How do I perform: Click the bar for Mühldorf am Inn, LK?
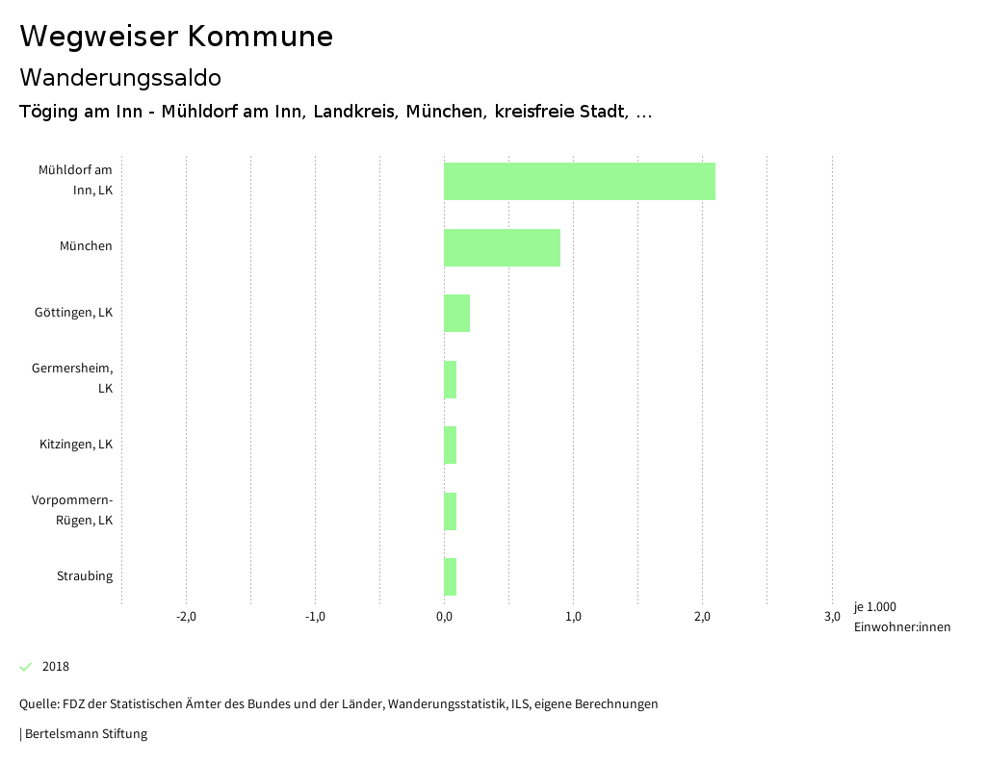tap(579, 181)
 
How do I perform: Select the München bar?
tap(502, 247)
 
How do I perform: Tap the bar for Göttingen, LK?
tap(456, 313)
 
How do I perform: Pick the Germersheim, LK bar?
tap(450, 379)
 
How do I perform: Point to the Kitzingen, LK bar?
tap(450, 445)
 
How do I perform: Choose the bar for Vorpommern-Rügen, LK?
tap(450, 511)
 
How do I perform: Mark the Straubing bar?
tap(450, 576)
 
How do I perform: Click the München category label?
tap(86, 246)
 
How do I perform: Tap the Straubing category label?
tap(85, 576)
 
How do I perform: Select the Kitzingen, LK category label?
tap(76, 445)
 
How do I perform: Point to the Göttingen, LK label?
tap(73, 313)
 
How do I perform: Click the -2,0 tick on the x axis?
tap(186, 617)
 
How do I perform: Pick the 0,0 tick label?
tap(444, 617)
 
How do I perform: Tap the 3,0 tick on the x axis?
tap(831, 617)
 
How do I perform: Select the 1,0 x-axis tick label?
tap(573, 617)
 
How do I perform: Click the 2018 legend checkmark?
tap(26, 667)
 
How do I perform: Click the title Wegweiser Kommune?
tap(176, 37)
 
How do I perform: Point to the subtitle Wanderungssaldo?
tap(120, 77)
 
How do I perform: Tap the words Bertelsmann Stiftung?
tap(86, 734)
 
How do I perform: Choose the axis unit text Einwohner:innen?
tap(901, 627)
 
